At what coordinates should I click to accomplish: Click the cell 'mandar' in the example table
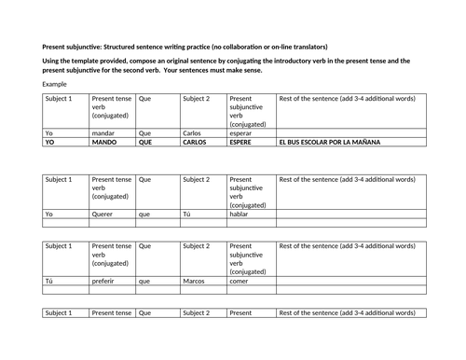pos(103,133)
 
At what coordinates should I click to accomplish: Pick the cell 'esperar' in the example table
pos(241,133)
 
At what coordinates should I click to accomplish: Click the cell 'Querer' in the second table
pos(103,214)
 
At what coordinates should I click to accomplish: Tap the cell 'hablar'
pos(240,214)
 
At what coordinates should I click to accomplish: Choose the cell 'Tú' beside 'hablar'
pos(186,214)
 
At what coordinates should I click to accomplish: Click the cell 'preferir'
pos(104,280)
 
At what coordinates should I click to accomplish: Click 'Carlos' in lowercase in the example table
pos(192,133)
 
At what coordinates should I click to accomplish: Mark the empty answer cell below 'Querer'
pos(111,223)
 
